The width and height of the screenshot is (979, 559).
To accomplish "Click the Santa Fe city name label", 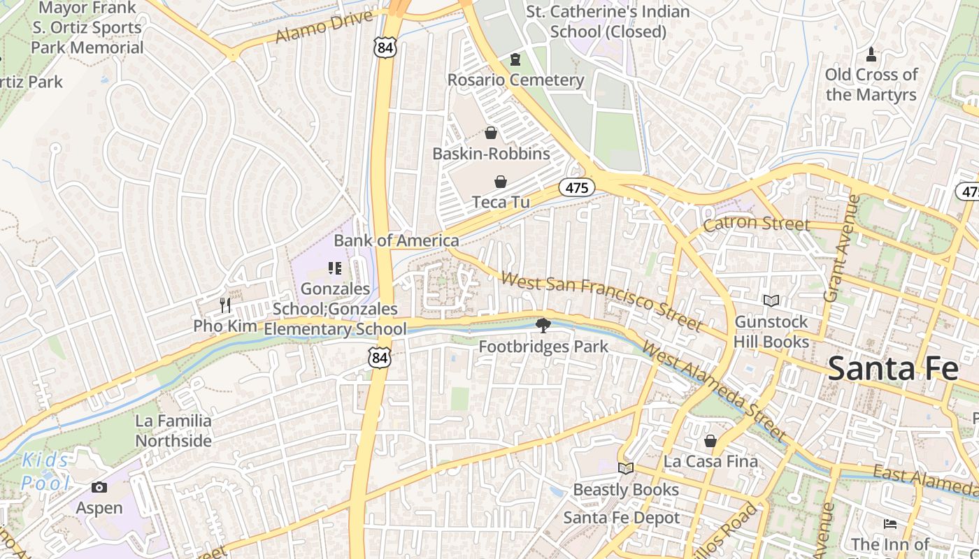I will [893, 368].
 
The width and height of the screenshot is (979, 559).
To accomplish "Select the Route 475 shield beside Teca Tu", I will [577, 187].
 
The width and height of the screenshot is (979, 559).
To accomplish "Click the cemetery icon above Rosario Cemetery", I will [515, 60].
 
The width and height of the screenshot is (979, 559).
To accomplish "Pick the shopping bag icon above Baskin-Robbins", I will [491, 133].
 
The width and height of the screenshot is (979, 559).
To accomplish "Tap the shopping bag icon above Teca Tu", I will [501, 182].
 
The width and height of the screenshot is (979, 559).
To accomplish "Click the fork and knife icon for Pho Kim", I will [225, 305].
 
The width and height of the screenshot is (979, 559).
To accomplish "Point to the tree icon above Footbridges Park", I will [543, 325].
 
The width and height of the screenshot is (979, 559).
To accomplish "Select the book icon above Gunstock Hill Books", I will [771, 301].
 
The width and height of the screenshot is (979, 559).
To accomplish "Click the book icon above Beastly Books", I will [626, 469].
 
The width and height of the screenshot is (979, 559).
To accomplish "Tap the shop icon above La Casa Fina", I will [710, 441].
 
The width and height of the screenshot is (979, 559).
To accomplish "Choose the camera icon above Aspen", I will [99, 487].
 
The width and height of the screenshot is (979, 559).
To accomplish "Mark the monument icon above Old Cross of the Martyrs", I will [871, 54].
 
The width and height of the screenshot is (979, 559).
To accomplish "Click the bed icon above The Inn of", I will [889, 523].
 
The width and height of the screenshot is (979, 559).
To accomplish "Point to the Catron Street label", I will [757, 224].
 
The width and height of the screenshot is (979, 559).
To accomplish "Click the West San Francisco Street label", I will [601, 301].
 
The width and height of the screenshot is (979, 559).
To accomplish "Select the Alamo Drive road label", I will [324, 27].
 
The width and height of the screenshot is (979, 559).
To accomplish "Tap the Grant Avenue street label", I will [841, 248].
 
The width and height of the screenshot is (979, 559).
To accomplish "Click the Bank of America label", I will [396, 241].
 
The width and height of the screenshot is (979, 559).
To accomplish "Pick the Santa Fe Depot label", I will [622, 518].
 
